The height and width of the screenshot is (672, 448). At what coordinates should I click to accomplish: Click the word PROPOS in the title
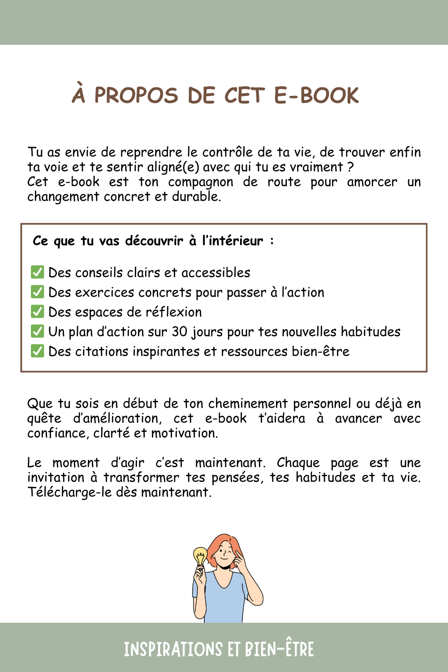(136, 95)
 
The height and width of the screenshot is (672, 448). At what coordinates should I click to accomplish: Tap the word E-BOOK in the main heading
(316, 95)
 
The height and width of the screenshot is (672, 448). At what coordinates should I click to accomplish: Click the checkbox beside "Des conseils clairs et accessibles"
(38, 272)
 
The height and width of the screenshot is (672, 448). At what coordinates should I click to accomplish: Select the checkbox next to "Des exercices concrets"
(38, 292)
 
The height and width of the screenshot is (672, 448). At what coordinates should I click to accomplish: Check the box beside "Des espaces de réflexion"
(38, 311)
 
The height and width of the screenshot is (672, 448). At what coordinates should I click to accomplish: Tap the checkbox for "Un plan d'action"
(38, 331)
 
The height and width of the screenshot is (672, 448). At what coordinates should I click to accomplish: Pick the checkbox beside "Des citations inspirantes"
(38, 351)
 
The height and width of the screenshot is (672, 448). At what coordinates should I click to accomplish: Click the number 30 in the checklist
(180, 332)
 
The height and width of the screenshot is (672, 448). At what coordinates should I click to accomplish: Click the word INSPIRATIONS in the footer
(173, 649)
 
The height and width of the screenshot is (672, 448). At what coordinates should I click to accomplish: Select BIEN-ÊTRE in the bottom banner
(280, 649)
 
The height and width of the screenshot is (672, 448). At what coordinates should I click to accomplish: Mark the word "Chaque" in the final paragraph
(298, 463)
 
